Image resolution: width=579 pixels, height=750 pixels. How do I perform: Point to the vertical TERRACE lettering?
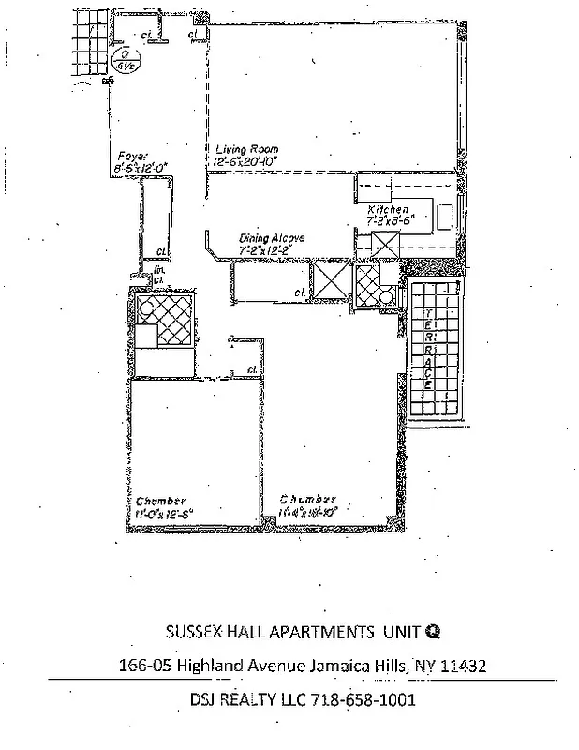coord(427,349)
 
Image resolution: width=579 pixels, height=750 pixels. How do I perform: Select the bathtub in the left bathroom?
coord(165,322)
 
